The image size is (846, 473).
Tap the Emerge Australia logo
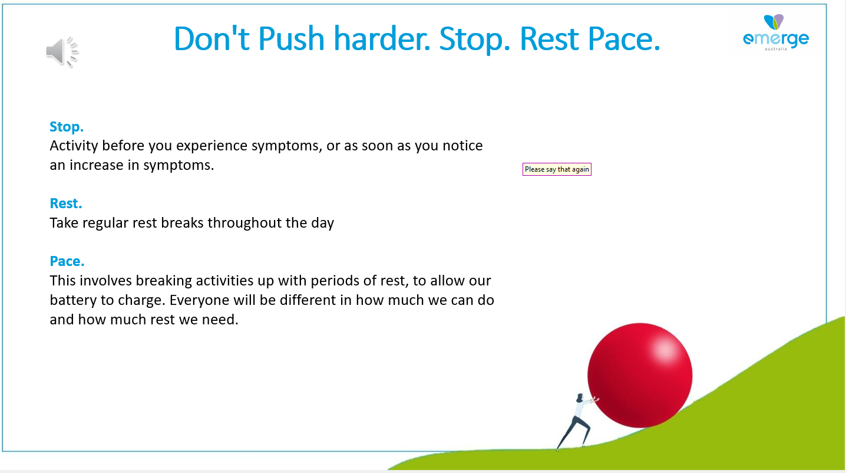(776, 32)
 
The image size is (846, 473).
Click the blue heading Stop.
(67, 127)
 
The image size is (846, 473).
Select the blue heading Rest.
(66, 203)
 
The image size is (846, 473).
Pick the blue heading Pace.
(67, 261)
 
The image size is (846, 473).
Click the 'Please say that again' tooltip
(557, 169)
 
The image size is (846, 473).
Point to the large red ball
(640, 376)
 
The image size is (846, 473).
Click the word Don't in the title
(211, 38)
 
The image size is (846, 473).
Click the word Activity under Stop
(74, 146)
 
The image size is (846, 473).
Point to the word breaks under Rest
(182, 223)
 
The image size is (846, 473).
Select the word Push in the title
(291, 38)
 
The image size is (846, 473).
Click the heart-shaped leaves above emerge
(774, 22)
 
